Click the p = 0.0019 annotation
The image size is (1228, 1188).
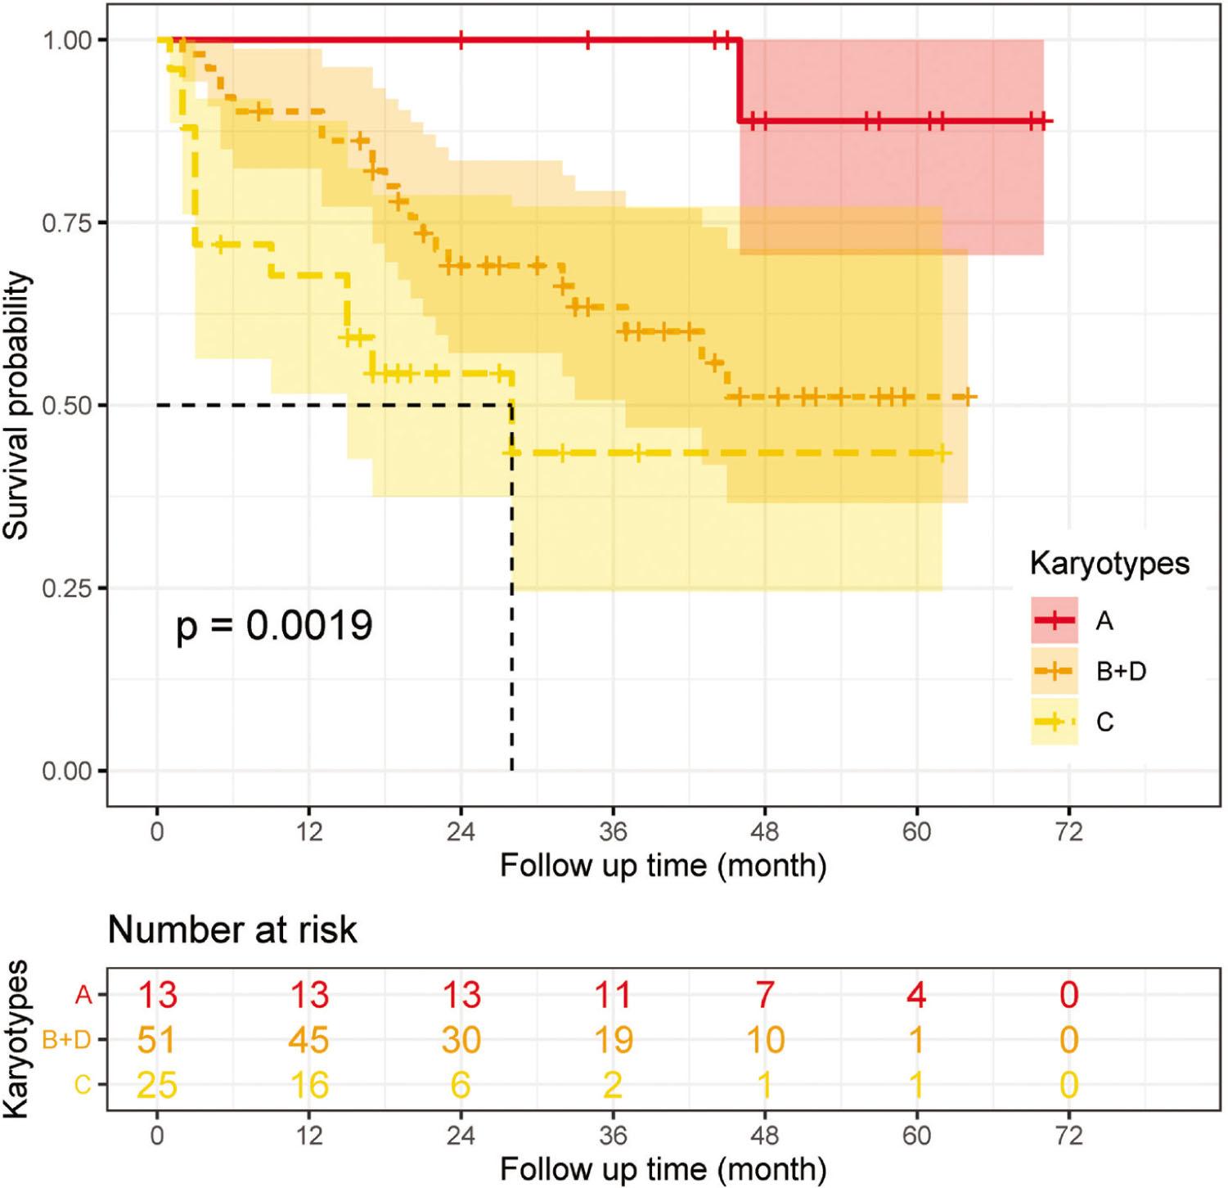[274, 626]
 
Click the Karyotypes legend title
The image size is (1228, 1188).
[1109, 564]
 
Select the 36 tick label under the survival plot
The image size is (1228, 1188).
[612, 832]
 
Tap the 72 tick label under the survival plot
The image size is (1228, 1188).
[1068, 832]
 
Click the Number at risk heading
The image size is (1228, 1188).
[232, 930]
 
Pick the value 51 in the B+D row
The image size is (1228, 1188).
[156, 1040]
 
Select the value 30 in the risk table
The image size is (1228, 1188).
[461, 1040]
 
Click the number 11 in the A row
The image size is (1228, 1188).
[612, 995]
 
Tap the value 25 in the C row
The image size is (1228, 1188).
[156, 1085]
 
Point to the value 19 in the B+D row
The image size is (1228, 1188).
[612, 1040]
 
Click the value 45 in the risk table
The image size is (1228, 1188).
[308, 1040]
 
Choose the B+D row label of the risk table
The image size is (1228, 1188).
[66, 1040]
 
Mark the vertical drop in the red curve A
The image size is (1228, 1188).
[740, 80]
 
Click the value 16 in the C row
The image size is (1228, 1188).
[308, 1085]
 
